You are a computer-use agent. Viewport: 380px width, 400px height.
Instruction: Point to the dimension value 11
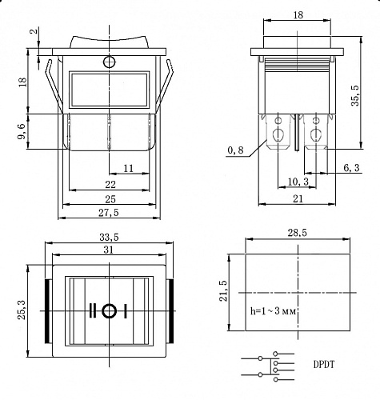[128, 168]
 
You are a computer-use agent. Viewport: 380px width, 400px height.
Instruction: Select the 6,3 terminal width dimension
[351, 167]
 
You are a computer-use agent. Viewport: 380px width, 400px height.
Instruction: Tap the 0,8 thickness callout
[235, 150]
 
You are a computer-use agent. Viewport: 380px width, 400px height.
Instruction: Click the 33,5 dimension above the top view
[109, 238]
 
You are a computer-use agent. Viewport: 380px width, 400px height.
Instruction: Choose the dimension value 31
[109, 250]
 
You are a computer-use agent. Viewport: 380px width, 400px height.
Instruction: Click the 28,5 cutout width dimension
[297, 233]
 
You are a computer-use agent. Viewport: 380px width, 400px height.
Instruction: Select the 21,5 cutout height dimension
[224, 290]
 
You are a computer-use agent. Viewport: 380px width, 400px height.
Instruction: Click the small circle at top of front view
[109, 62]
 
